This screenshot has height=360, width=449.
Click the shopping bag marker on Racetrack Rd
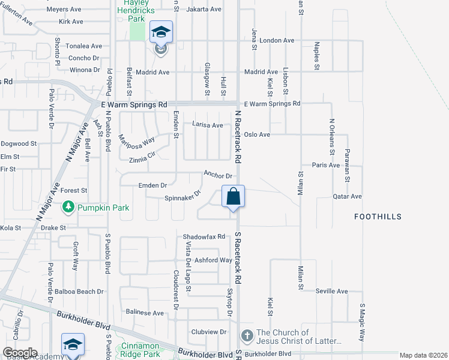click(233, 196)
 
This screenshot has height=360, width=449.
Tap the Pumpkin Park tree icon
click(69, 208)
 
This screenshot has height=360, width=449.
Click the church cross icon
click(247, 335)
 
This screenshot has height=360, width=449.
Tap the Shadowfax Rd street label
click(204, 237)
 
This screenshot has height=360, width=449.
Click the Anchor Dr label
click(217, 175)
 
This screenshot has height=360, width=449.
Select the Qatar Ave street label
click(348, 196)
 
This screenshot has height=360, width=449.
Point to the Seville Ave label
click(332, 292)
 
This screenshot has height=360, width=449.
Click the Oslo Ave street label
click(256, 134)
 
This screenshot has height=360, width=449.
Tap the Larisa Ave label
click(207, 125)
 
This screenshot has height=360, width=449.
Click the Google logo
click(20, 353)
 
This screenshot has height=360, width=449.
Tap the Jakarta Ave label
click(204, 10)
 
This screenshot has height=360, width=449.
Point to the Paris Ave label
click(326, 165)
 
